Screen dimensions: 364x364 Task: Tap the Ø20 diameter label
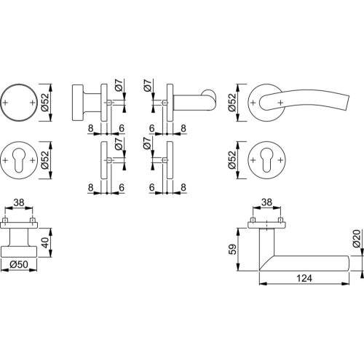[x=356, y=241]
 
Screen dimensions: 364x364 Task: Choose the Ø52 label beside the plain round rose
[x=45, y=104]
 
